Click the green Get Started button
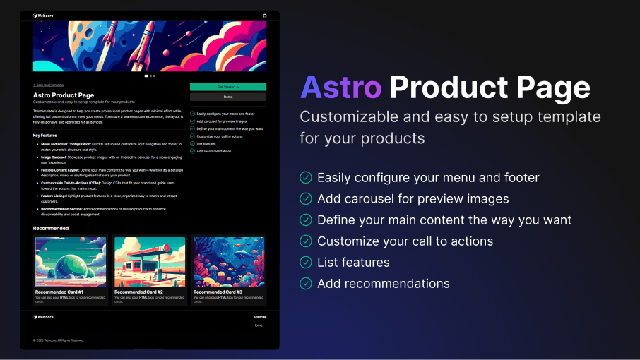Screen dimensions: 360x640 coord(227,87)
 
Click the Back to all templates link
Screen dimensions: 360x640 coord(49,84)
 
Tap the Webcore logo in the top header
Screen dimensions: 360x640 coord(43,16)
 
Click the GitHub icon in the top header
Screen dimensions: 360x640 coord(265,16)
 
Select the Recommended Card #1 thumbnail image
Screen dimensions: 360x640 coord(71,262)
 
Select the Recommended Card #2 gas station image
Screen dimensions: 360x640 coord(149,262)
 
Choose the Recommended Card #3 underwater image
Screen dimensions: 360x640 coord(228,262)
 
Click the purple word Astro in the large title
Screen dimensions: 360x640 coord(340,88)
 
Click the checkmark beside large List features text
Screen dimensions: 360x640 coord(306,263)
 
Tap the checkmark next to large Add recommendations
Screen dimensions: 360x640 coord(306,284)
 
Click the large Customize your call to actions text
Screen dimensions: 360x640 coord(405,241)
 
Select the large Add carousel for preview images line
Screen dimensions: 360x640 coord(413,199)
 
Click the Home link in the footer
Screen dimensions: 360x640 coord(258,325)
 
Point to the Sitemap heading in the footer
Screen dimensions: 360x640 coord(260,317)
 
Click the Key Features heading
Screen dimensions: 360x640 coord(45,135)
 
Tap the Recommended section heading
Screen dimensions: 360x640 coord(51,229)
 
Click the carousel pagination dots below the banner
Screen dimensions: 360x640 coord(150,76)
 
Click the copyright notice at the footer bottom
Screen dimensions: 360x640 coord(59,340)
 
